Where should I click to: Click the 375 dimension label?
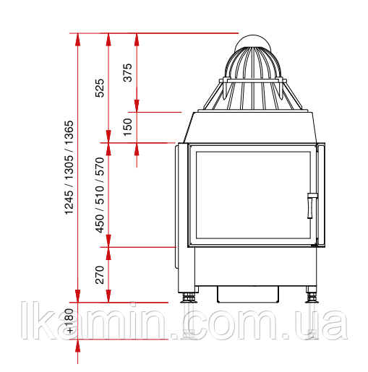point(127,72)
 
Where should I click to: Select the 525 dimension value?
point(100,88)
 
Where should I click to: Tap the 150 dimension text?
point(128,127)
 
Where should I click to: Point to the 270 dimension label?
point(100,274)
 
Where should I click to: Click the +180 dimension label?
point(69,321)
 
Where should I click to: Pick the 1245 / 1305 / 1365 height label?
point(69,168)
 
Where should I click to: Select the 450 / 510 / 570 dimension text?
point(100,195)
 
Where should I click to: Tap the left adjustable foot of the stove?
point(189,298)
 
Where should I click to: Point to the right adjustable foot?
point(312,298)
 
